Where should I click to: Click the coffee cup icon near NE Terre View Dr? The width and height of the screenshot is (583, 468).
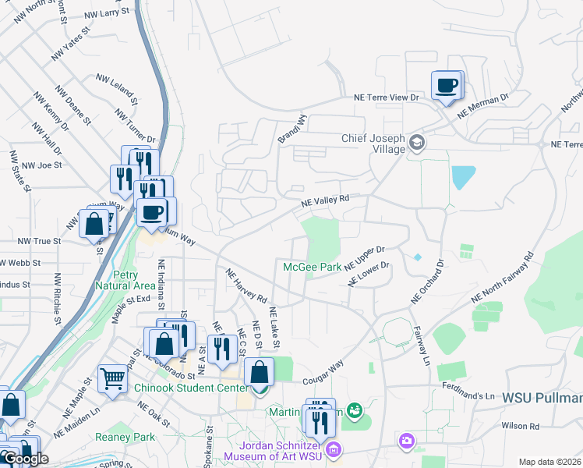pos(447,86)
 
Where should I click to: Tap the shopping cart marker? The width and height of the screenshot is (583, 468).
pos(113,380)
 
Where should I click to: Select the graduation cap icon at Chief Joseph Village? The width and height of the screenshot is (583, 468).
pos(417,142)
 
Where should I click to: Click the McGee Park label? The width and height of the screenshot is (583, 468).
pos(312,267)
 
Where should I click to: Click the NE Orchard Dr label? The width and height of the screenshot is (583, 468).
pos(428,282)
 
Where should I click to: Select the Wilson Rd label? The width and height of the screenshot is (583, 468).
pos(521,426)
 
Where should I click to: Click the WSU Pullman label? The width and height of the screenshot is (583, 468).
pos(542,398)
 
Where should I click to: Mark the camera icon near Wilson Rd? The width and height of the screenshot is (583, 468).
pos(406,442)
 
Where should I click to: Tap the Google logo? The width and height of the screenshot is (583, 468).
pos(26,459)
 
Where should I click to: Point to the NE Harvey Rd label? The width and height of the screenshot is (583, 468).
pos(246,286)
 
